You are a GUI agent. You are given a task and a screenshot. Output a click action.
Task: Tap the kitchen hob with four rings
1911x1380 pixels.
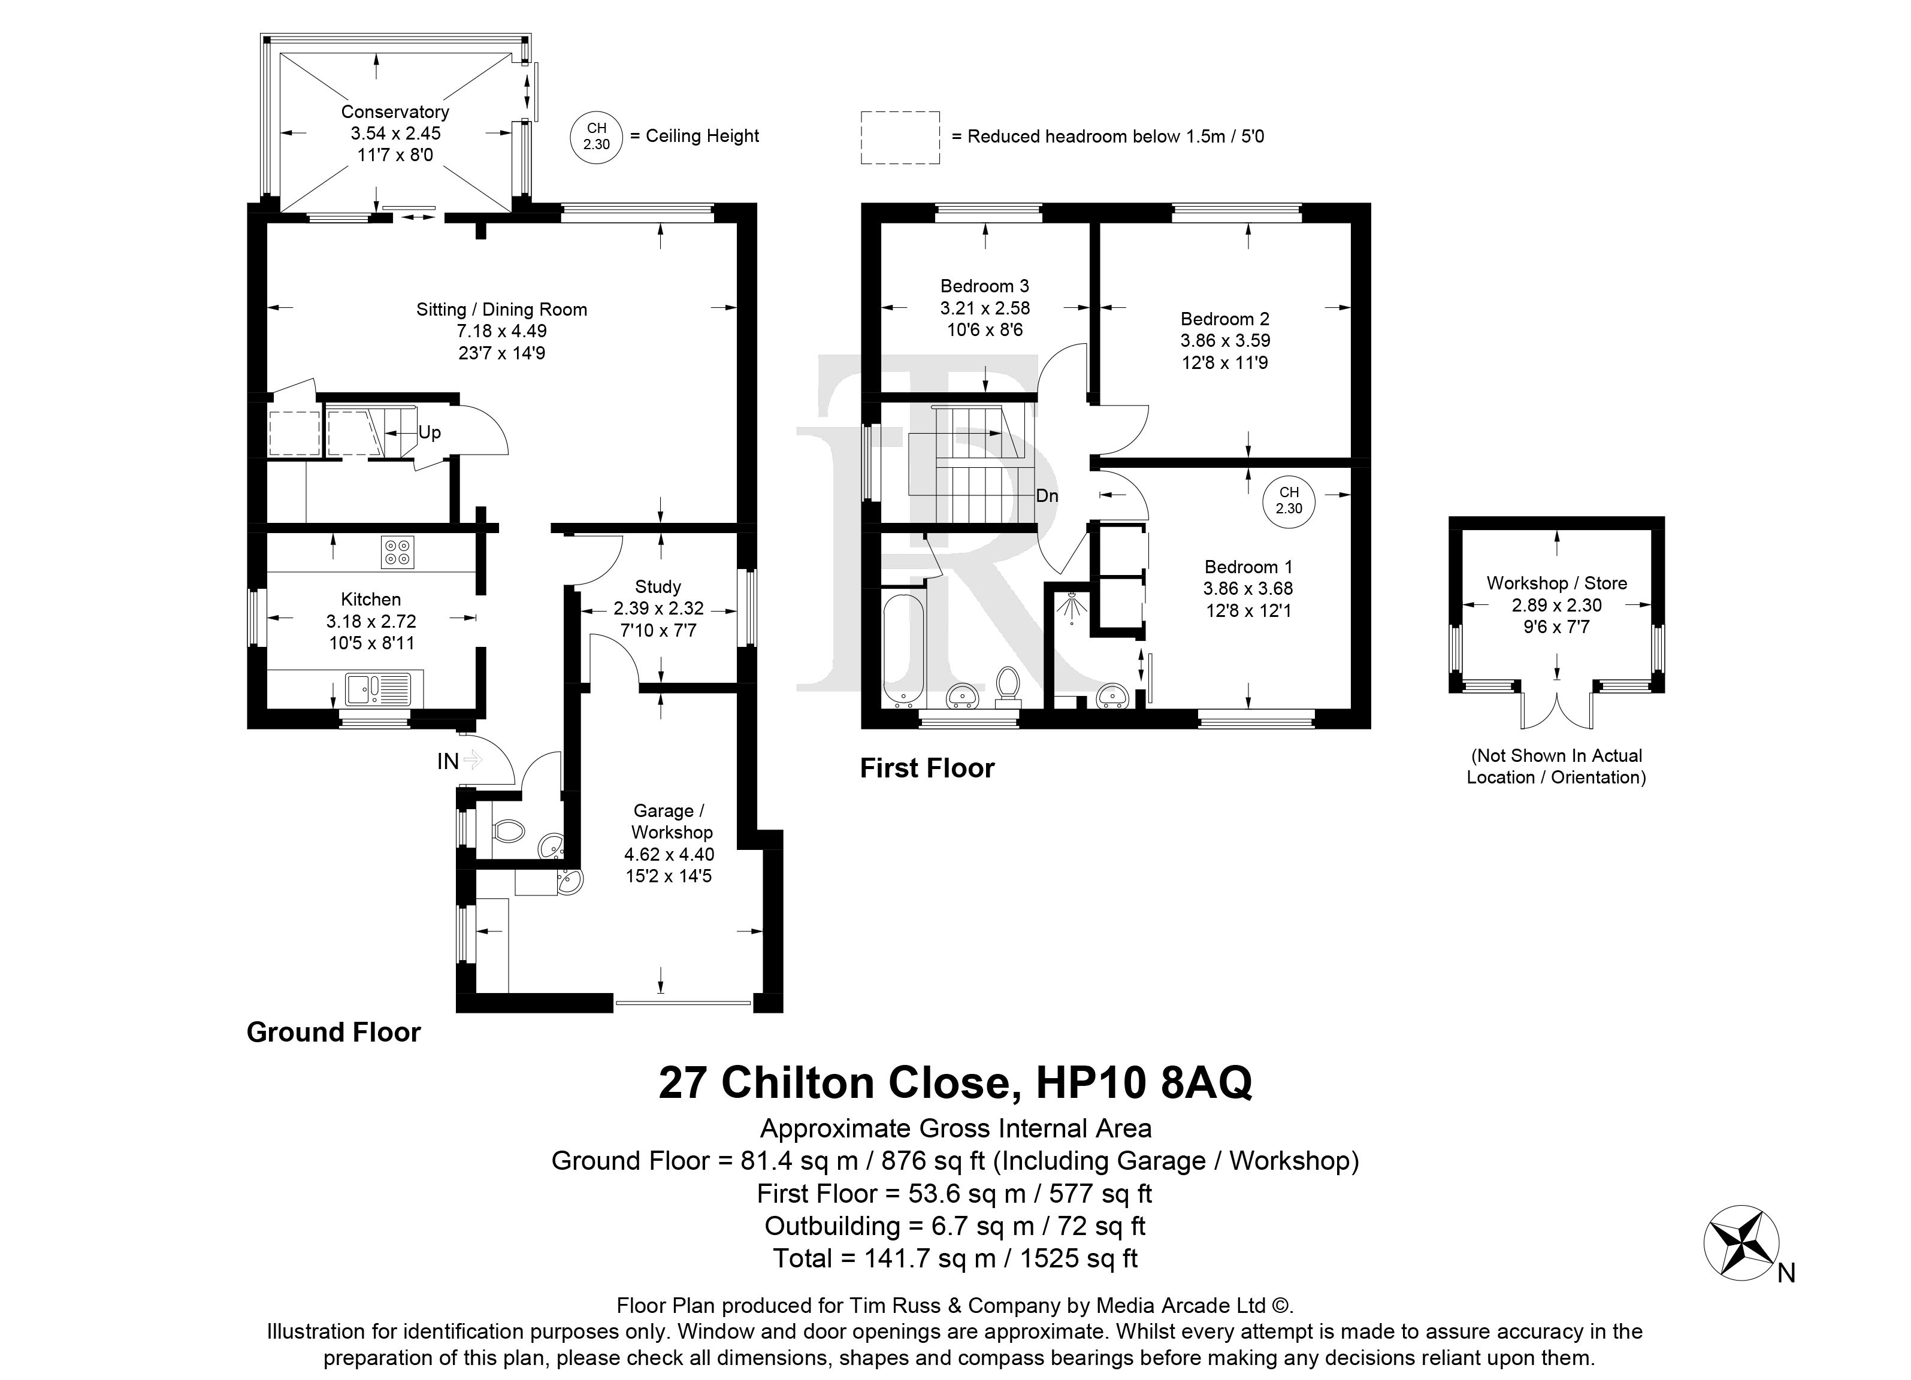point(398,552)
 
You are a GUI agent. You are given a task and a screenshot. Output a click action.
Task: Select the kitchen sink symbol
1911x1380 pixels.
point(377,688)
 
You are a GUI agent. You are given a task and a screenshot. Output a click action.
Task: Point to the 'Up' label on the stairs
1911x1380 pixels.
point(430,432)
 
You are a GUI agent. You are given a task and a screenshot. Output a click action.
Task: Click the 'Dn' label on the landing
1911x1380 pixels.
point(1047,496)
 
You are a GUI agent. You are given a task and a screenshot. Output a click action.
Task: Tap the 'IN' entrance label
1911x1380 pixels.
point(447,762)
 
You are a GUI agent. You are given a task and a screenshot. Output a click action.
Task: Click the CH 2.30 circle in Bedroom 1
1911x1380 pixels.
point(1289,501)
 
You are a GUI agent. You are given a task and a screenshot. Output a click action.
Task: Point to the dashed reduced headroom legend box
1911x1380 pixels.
point(900,137)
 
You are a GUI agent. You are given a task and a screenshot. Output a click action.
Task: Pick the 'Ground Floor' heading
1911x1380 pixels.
point(334,1032)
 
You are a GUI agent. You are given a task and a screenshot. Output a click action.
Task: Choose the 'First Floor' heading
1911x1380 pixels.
point(927,768)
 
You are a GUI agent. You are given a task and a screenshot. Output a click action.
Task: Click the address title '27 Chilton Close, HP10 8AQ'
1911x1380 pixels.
point(955,1084)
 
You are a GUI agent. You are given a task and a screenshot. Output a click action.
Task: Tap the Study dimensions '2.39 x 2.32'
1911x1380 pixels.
point(658,609)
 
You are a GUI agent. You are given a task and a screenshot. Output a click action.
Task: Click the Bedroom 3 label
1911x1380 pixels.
point(985,286)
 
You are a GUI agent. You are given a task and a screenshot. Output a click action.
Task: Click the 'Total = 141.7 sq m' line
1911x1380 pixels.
point(955,1258)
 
